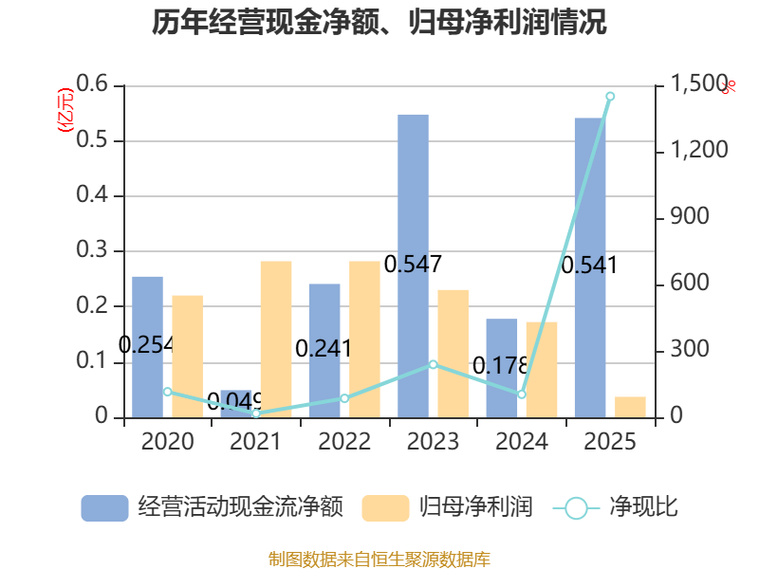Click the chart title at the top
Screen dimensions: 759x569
[379, 22]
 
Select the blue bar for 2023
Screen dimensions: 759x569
[413, 266]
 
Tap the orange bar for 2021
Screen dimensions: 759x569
[276, 340]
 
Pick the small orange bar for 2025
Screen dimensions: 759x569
[630, 407]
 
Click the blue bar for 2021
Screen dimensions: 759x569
[235, 404]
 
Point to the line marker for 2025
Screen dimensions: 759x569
[610, 97]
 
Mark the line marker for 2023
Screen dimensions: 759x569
[434, 364]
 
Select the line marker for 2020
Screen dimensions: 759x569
[168, 392]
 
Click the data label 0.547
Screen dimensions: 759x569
[413, 265]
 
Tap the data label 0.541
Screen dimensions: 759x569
[589, 266]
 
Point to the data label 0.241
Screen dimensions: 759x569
[323, 348]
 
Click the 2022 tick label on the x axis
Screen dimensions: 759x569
[344, 441]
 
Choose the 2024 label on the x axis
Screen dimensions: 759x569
[521, 441]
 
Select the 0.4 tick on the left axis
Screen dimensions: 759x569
[92, 194]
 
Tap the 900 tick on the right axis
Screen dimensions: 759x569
[690, 216]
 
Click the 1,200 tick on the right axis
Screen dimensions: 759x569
[699, 150]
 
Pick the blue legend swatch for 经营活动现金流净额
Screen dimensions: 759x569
[104, 508]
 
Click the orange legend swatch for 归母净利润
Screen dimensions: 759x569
[385, 508]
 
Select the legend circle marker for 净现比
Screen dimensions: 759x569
[576, 508]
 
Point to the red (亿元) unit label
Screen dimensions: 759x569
[65, 110]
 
